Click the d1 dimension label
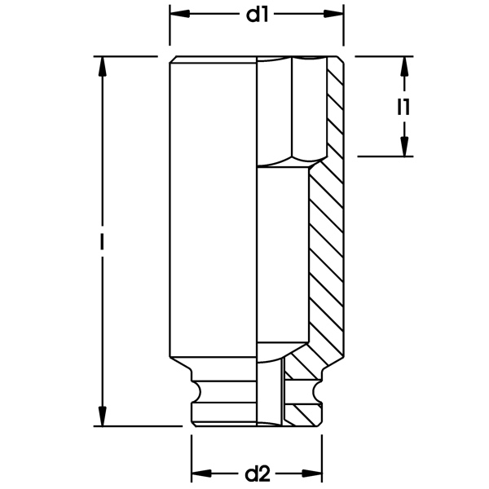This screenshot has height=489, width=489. click(257, 15)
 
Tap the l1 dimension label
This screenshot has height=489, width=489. click(403, 106)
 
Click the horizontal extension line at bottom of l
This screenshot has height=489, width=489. click(139, 425)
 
